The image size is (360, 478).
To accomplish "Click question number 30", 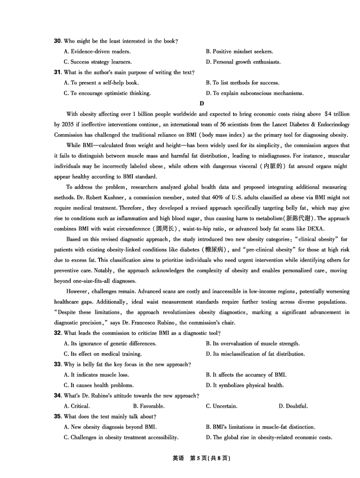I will click(x=58, y=41).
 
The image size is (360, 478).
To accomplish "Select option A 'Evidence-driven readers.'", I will click(x=97, y=52).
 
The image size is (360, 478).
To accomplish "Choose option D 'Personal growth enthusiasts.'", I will click(x=243, y=62).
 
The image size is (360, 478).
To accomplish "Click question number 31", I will click(x=58, y=72).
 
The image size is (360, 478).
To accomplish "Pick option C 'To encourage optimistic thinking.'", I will click(x=107, y=94).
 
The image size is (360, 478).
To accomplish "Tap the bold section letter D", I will click(x=202, y=104).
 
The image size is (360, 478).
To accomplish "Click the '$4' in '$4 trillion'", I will click(x=318, y=114).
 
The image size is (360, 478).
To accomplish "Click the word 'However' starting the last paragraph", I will click(x=77, y=291).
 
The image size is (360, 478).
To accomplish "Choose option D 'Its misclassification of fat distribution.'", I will click(x=255, y=354).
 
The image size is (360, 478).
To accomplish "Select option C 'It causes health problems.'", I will click(x=99, y=385).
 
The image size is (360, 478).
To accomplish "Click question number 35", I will click(x=58, y=417).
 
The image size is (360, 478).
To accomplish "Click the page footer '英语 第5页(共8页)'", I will click(x=201, y=459).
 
